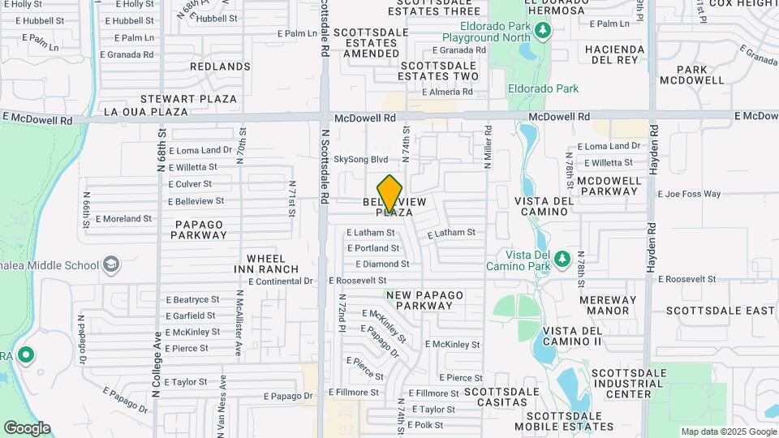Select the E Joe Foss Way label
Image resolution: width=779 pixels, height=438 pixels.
[690, 194]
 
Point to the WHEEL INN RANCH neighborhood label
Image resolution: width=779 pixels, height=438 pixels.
[267, 264]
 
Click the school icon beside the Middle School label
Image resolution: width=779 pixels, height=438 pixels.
[110, 264]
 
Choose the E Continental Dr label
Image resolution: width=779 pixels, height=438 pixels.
[281, 281]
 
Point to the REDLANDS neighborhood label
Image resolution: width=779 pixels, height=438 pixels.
[220, 66]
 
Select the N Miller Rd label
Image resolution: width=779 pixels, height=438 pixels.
[488, 147]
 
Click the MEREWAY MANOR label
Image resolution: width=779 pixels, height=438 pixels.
[609, 305]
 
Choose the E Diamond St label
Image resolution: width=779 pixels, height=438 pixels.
[382, 264]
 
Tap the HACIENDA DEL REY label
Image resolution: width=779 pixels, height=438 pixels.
[614, 54]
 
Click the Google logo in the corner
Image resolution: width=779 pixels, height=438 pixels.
[27, 427]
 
